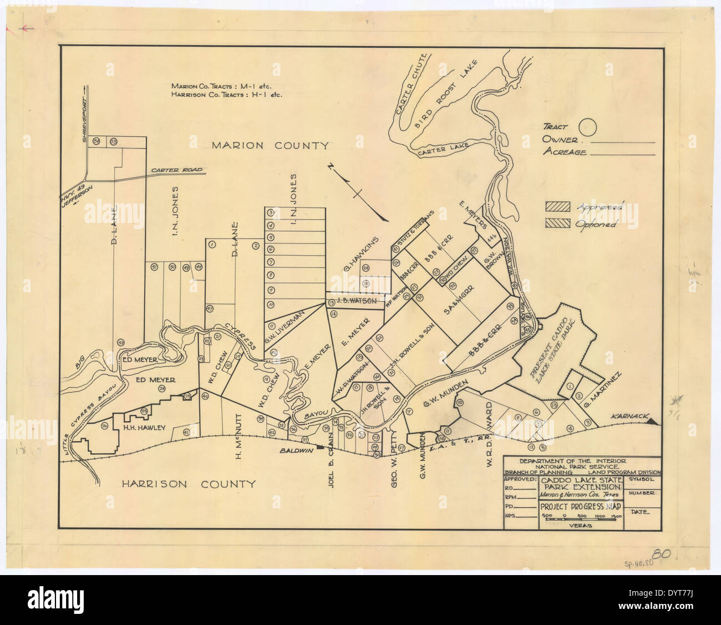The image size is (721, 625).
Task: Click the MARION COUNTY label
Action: [x=270, y=146]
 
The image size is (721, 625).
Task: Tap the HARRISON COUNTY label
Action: [x=189, y=484]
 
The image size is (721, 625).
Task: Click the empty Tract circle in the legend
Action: [x=587, y=127]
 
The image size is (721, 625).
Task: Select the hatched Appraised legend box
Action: [x=557, y=207]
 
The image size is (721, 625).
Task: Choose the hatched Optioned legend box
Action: [x=557, y=223]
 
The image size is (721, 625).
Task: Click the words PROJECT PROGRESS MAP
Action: [x=581, y=506]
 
